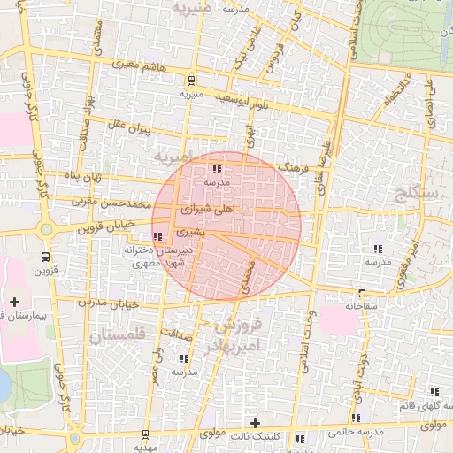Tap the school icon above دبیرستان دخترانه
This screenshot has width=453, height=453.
(x=158, y=236)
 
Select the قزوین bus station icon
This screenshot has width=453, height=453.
(x=46, y=256)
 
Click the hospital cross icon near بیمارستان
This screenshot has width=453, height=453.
(x=15, y=303)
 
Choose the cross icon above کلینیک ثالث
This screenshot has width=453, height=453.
(x=256, y=423)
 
